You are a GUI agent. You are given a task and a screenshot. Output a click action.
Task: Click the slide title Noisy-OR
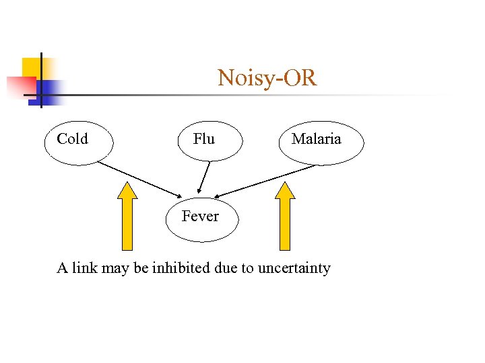267,78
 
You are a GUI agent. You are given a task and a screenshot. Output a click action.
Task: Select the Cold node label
72,139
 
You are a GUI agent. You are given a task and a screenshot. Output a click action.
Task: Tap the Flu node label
203,139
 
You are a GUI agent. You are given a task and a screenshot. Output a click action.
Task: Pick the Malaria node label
316,139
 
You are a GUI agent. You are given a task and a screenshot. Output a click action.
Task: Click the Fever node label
200,216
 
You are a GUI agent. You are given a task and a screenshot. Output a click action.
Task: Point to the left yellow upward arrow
127,218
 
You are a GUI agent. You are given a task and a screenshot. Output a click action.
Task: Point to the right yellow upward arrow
286,218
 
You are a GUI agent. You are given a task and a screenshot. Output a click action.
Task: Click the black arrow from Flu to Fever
204,177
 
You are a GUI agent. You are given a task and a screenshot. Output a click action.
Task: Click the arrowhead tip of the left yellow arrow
127,183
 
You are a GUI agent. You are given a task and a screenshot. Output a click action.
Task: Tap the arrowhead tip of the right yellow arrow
286,183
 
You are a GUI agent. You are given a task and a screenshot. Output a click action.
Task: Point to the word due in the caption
225,268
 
